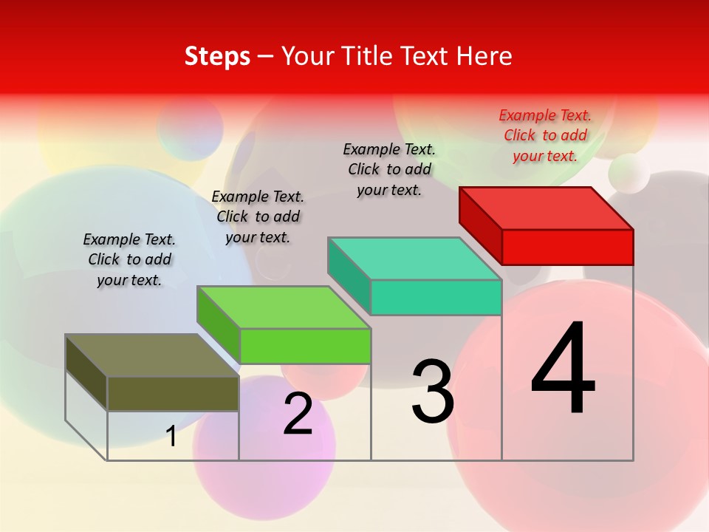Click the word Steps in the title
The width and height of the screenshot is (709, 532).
tap(217, 56)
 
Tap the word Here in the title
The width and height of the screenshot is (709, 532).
tap(484, 56)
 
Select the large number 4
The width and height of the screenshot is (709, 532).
tap(563, 369)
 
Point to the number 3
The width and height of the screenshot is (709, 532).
tap(432, 392)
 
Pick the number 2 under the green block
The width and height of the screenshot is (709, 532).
tap(298, 414)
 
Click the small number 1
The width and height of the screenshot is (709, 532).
tap(171, 436)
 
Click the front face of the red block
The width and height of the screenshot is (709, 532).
tap(567, 247)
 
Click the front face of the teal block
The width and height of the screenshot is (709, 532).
tap(436, 297)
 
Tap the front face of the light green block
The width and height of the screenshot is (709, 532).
tap(305, 346)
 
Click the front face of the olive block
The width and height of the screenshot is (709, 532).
tap(173, 394)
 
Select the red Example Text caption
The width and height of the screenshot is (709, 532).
tap(545, 135)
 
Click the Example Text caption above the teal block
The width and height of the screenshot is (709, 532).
tap(389, 169)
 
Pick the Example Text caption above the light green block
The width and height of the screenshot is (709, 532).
tap(258, 216)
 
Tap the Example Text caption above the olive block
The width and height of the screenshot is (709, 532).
tap(129, 259)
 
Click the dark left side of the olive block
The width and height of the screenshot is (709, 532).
tap(86, 373)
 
